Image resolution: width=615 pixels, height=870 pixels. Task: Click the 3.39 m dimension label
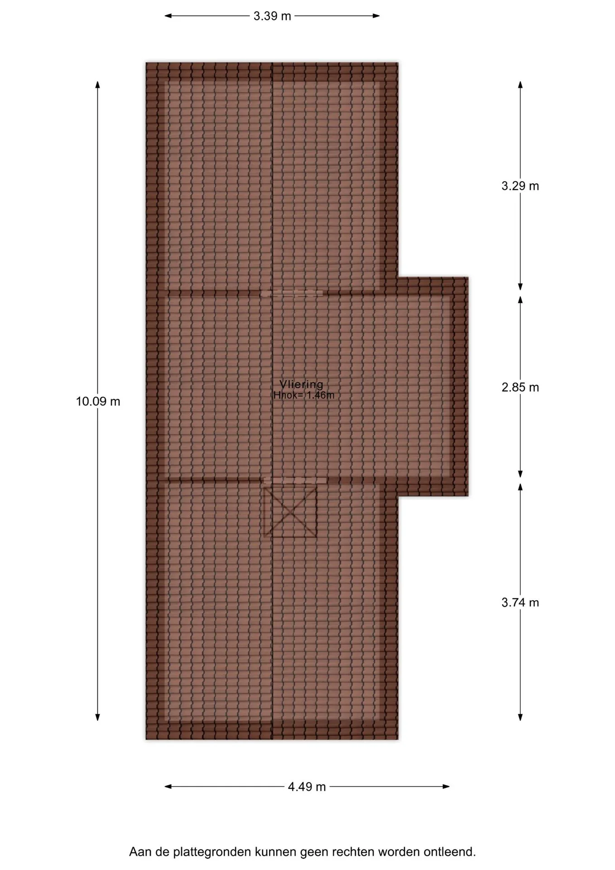(x=272, y=16)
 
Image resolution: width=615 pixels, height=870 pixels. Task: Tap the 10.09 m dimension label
(x=98, y=401)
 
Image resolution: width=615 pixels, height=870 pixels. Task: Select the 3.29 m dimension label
(x=520, y=186)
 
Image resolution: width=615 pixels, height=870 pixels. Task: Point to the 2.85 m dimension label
(x=520, y=387)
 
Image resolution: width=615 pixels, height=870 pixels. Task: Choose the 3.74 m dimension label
(x=520, y=602)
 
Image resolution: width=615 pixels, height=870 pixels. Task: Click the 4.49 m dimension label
(x=307, y=787)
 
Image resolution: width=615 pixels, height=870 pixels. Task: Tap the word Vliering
(x=302, y=384)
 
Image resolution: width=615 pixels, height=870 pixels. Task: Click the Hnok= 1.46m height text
(x=304, y=395)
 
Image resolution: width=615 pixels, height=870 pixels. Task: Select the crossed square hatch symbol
(x=290, y=510)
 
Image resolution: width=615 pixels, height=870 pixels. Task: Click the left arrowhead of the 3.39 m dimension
(x=168, y=16)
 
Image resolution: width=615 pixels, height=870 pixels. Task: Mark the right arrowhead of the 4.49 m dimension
(x=446, y=786)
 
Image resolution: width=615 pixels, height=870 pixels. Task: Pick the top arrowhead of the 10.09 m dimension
(x=97, y=84)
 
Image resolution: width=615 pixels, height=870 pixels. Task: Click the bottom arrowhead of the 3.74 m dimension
(x=520, y=717)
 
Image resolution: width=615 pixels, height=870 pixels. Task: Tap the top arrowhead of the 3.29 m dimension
(x=520, y=84)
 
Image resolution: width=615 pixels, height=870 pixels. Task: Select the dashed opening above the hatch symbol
(x=295, y=480)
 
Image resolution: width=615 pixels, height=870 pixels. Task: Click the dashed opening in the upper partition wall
(x=292, y=293)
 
